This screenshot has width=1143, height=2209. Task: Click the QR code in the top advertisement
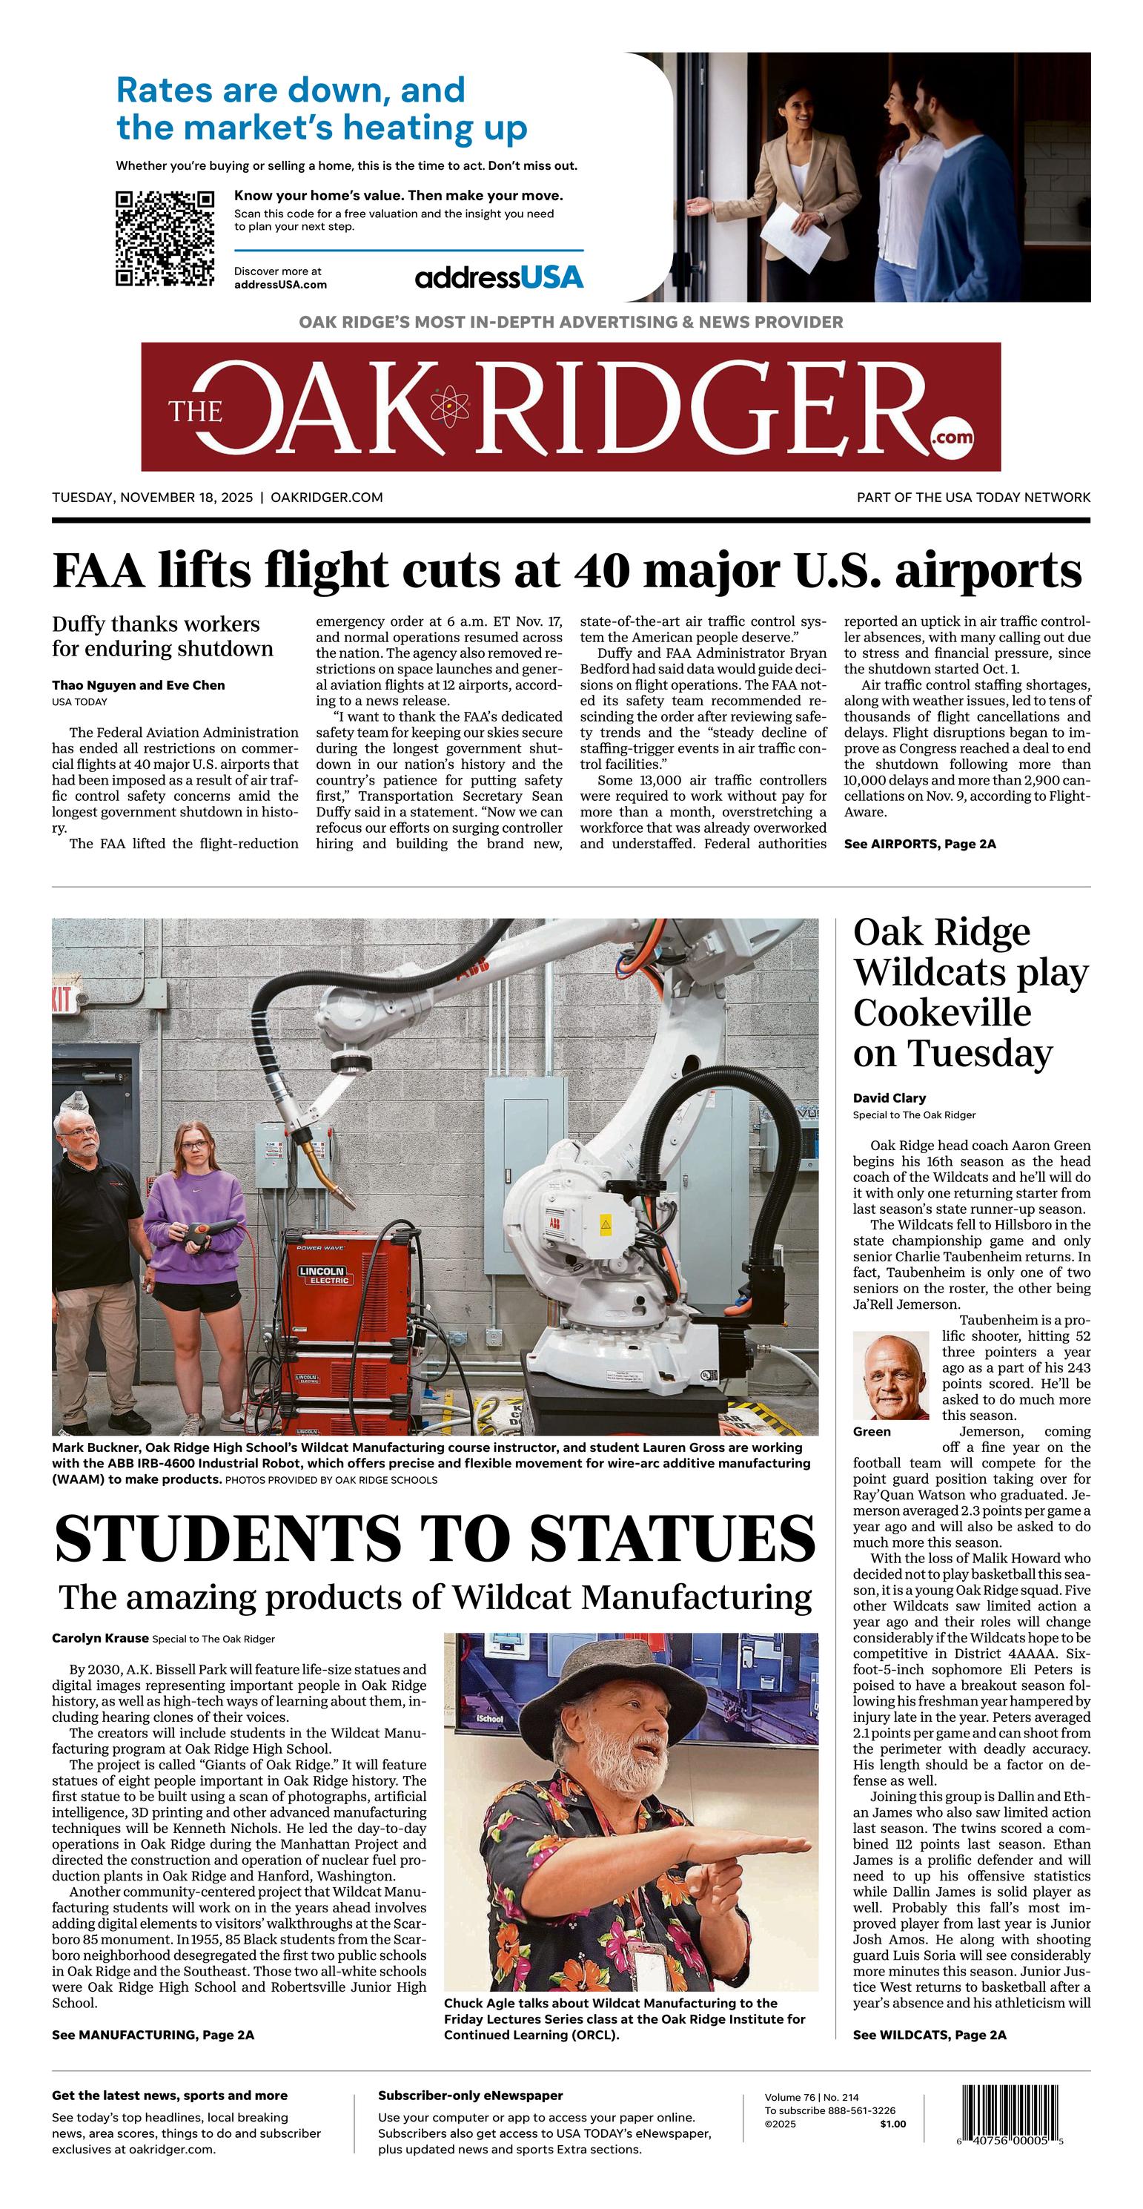click(x=165, y=238)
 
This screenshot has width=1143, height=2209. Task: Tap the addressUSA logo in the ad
click(x=498, y=277)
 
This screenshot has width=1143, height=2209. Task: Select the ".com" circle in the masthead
click(x=953, y=437)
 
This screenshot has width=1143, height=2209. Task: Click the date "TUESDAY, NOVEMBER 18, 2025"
click(x=153, y=498)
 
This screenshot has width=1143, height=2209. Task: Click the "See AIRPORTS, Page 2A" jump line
click(x=920, y=844)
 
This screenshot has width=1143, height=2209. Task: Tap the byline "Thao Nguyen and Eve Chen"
click(x=138, y=685)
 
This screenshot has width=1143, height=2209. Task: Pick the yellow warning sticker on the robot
click(x=606, y=1224)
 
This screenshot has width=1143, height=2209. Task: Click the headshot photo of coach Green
click(x=891, y=1376)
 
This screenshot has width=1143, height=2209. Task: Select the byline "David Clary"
click(x=889, y=1097)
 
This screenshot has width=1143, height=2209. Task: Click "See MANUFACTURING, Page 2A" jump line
click(x=153, y=2035)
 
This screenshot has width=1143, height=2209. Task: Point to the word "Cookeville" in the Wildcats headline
click(x=941, y=1014)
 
